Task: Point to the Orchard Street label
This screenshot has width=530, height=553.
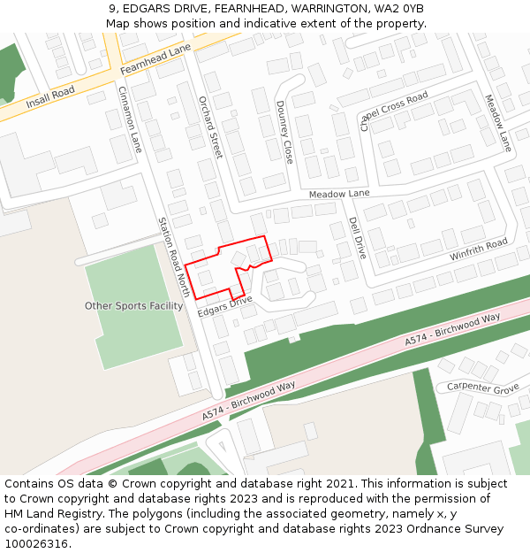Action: (x=209, y=127)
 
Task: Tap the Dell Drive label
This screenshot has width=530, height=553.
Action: (x=357, y=237)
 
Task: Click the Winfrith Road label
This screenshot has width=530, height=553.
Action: (x=478, y=250)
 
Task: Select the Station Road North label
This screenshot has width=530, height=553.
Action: (x=174, y=257)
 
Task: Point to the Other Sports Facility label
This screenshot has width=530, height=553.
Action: (x=133, y=306)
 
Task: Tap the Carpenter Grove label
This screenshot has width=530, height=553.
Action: (x=482, y=388)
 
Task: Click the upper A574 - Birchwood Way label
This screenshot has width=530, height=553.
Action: (x=452, y=329)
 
